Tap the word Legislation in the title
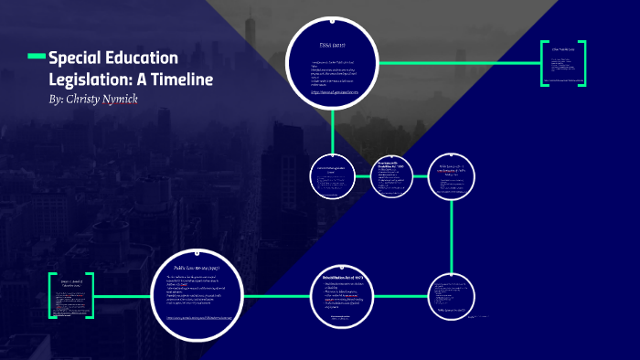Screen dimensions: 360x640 coord(89,79)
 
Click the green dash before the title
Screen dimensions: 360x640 coord(37,58)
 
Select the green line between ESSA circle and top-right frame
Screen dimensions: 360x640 coord(457,64)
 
